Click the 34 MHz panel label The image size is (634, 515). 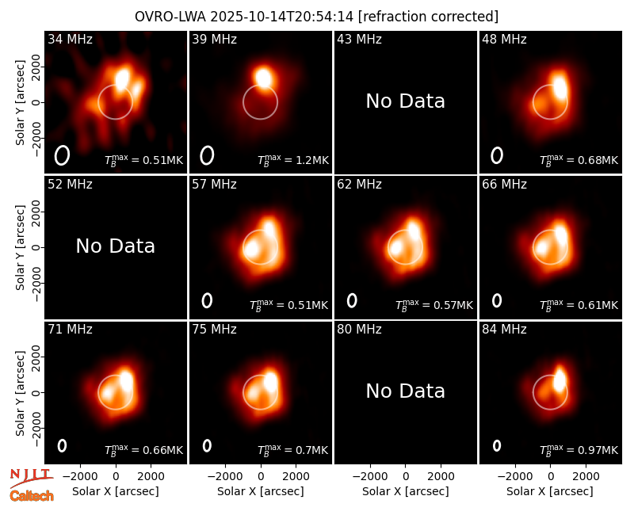pos(70,39)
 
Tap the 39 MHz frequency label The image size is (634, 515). pos(214,39)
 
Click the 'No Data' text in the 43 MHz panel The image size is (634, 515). pos(406,101)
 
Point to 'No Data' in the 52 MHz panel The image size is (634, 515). pos(116,246)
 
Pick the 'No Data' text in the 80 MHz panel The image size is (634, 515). pos(406,391)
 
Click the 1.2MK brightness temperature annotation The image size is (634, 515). pos(293,160)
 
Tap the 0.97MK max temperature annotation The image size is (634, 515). pos(579,449)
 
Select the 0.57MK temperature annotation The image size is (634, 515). pos(433,305)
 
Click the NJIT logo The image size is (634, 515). pos(32,477)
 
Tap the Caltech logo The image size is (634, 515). pos(32,496)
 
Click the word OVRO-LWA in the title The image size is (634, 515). pos(170,17)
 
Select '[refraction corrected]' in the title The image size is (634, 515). pos(428,17)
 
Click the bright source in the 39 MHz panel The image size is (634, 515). pos(263,77)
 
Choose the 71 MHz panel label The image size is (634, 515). pos(70,330)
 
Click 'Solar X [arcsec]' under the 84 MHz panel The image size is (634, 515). pos(550,491)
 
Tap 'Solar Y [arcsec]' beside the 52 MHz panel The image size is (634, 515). pos(20,247)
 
